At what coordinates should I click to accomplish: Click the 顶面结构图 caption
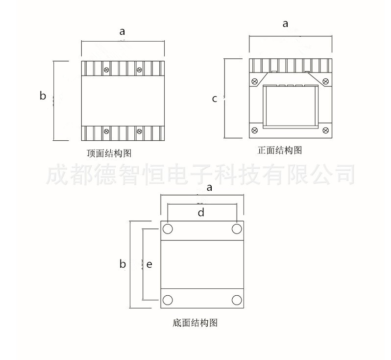109,153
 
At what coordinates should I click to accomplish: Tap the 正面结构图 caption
280,150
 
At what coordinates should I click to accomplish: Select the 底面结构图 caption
195,323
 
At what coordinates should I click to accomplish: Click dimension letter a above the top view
122,32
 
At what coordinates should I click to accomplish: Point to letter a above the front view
285,24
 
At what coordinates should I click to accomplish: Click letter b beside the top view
43,96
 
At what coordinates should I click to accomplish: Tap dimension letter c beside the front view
215,99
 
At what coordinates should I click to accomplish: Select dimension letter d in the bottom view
201,212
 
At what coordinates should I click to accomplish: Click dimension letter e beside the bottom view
149,264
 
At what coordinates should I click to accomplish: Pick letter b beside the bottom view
122,264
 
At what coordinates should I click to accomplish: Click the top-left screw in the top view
106,70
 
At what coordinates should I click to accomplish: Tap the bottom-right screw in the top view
140,131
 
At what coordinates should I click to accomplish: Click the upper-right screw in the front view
326,81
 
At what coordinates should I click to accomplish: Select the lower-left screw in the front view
255,130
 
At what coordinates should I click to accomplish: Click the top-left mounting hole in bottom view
168,229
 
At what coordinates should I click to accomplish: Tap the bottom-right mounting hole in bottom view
237,300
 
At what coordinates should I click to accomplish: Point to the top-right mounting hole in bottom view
237,229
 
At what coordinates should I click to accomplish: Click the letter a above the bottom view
210,187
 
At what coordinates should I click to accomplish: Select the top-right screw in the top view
140,70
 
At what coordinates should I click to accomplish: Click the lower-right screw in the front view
326,130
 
